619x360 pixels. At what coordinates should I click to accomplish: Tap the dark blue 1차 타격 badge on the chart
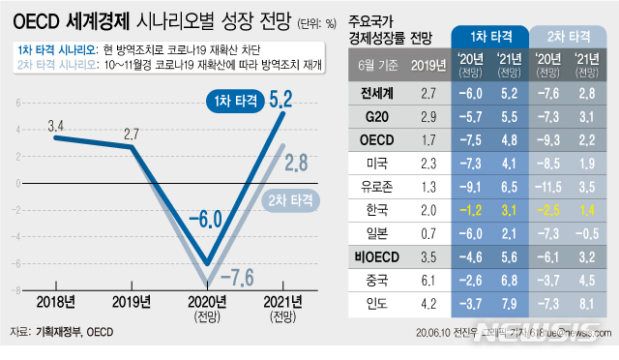[233, 101]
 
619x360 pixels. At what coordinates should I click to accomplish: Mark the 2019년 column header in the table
[423, 66]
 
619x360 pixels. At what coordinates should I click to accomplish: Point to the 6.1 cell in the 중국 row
[423, 280]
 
